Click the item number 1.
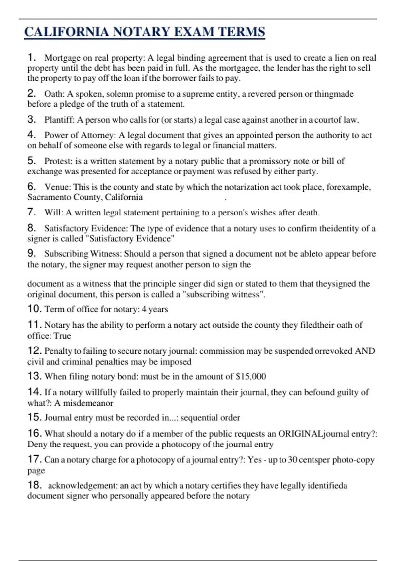[x=31, y=57]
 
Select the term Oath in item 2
[x=54, y=94]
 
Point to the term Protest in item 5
[x=58, y=161]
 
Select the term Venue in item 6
[x=57, y=187]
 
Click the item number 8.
[x=31, y=228]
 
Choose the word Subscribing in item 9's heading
[x=66, y=254]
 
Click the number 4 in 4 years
[x=144, y=309]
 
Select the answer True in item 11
[x=62, y=336]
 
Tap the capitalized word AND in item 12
[x=365, y=351]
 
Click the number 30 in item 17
[x=292, y=460]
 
